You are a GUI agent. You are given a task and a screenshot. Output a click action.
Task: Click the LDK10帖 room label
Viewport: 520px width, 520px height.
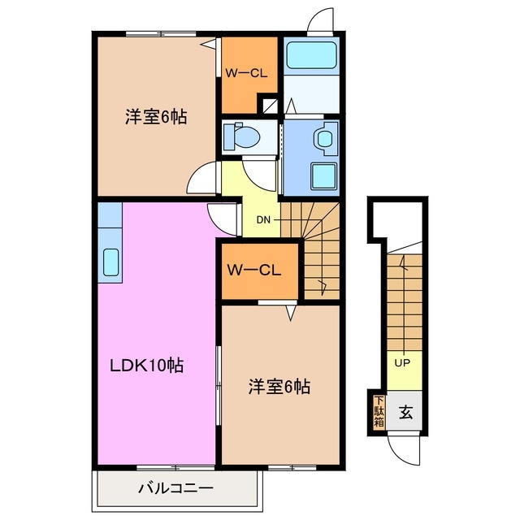(x=146, y=365)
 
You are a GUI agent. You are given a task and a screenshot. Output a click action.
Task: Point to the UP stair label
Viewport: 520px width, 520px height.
(x=401, y=362)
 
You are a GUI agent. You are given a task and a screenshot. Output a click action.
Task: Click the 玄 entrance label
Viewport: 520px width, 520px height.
(x=405, y=411)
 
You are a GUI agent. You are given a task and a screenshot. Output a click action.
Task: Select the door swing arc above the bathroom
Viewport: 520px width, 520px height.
(x=322, y=20)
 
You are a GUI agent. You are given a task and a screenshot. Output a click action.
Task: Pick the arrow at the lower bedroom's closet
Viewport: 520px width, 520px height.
(x=290, y=310)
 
